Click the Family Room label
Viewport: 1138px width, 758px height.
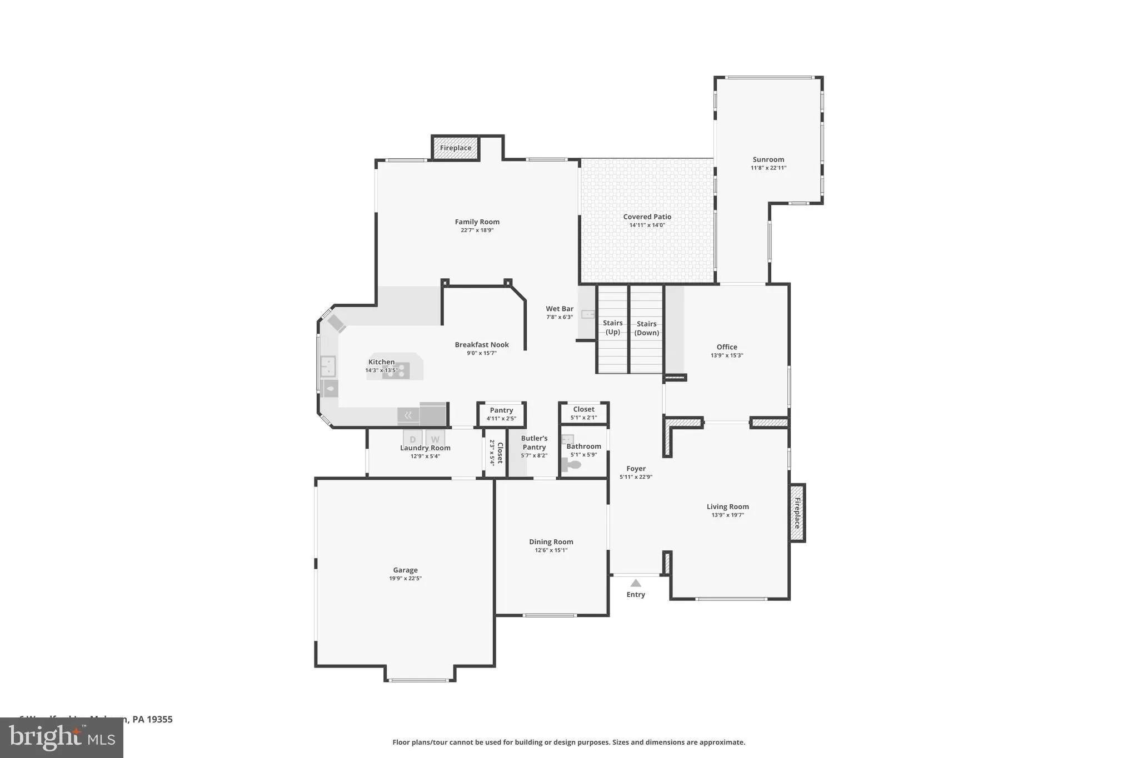(477, 222)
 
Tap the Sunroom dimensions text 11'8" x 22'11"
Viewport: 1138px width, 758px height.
(768, 168)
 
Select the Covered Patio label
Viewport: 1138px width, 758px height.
(647, 217)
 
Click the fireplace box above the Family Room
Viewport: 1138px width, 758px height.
(456, 148)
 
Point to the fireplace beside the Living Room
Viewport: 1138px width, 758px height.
(797, 513)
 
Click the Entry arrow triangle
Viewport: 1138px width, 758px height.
(636, 583)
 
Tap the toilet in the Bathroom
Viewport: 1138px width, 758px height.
(572, 465)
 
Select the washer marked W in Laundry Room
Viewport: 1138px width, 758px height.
(435, 439)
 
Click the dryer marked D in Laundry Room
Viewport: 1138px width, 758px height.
(412, 439)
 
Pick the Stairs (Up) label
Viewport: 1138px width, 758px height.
(612, 327)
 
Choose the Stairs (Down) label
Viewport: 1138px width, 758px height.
(646, 328)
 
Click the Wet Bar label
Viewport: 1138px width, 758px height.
(559, 309)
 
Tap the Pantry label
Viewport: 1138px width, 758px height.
(501, 410)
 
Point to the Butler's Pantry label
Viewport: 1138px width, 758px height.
(534, 443)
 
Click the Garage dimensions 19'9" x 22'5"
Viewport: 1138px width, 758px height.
(405, 578)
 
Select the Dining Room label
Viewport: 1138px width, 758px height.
(551, 541)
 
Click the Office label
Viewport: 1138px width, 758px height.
(726, 347)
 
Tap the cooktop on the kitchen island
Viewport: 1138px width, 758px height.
(396, 371)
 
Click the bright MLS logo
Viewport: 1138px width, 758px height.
(62, 737)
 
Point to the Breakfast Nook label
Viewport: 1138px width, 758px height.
(481, 344)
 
